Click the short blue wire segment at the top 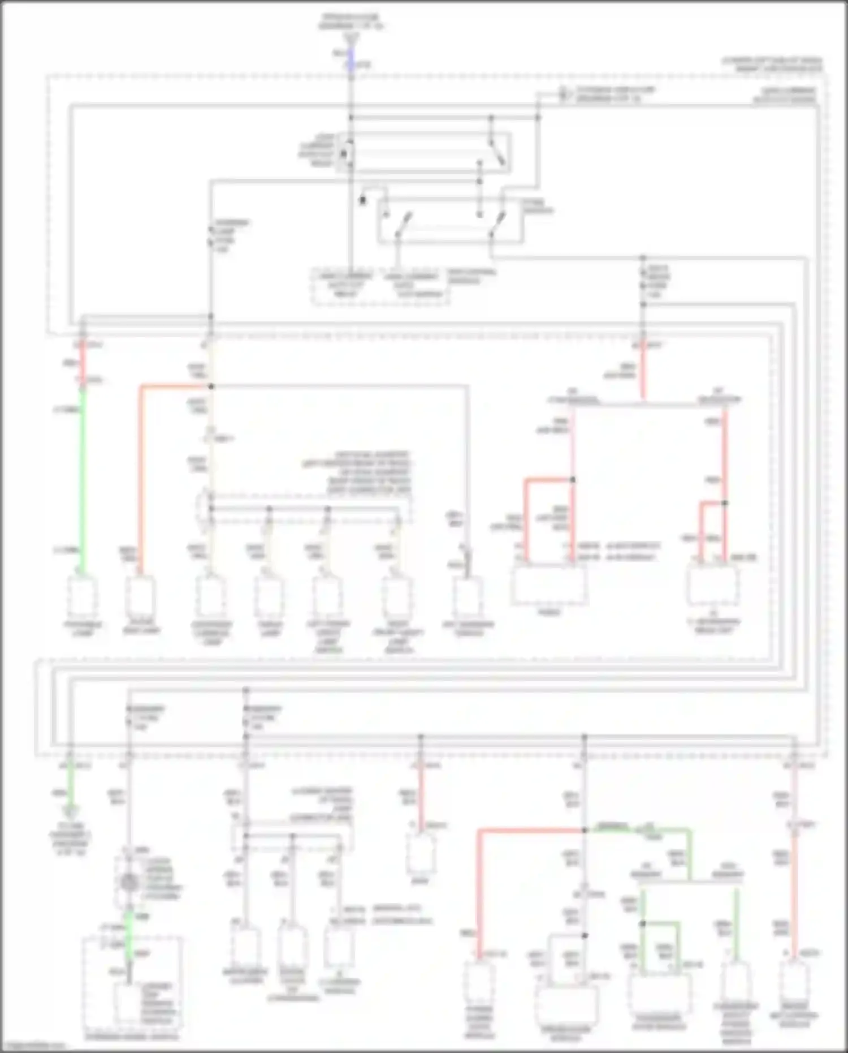pos(351,58)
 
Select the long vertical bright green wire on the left pos(83,481)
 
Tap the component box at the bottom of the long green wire pos(83,597)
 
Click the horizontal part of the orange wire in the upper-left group pos(175,386)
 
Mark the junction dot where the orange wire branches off pos(211,386)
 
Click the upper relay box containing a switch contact pos(424,152)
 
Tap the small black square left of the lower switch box pos(363,200)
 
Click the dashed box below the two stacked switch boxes pos(380,287)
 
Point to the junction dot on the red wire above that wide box pos(572,480)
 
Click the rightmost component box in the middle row pos(712,586)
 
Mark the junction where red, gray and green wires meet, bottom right pos(585,830)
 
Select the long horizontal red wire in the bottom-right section pos(531,830)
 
